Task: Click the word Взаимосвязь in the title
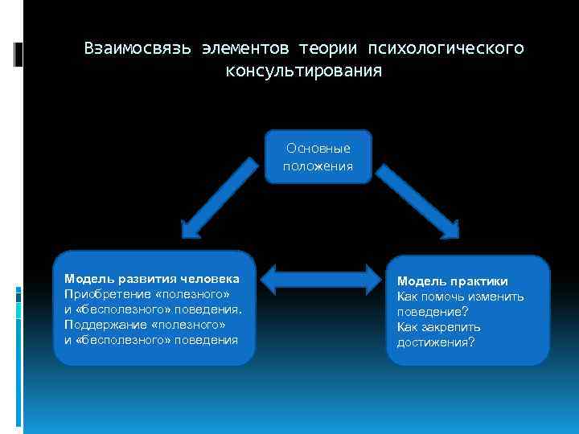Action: (138, 49)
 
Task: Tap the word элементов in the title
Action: (244, 49)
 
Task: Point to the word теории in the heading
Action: (331, 49)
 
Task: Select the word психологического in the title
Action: (447, 49)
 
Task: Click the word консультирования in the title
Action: (304, 72)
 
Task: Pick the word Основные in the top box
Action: (318, 149)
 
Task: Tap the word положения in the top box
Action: (318, 166)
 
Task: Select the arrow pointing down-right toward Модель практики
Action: (417, 195)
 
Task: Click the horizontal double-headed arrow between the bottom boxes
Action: (321, 279)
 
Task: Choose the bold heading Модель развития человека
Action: (151, 279)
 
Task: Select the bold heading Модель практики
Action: (452, 281)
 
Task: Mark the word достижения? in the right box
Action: (435, 342)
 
